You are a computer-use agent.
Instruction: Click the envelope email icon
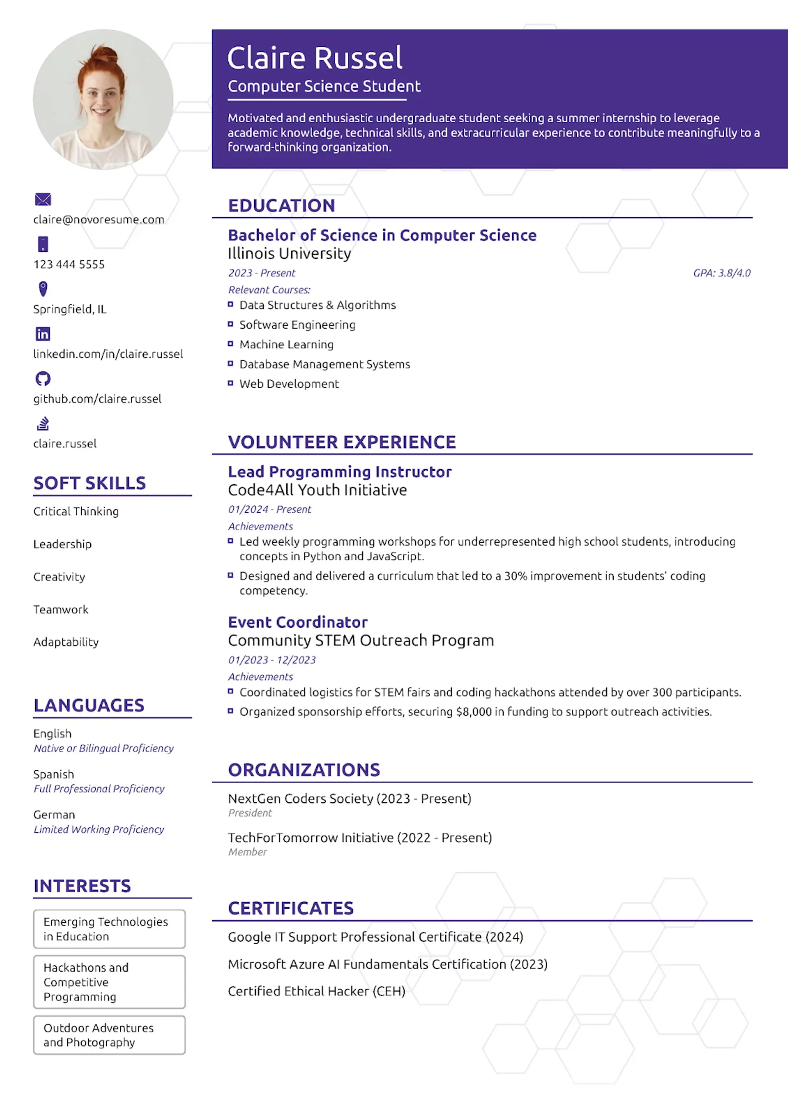tap(43, 199)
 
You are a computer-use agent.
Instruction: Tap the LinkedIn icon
tap(43, 334)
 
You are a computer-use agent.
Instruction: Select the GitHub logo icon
tap(43, 379)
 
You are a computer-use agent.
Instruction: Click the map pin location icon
tap(43, 289)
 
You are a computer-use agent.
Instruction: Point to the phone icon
tap(43, 244)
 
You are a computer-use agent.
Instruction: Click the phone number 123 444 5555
tap(69, 264)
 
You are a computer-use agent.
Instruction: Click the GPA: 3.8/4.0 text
tap(722, 273)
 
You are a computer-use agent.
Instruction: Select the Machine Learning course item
tap(286, 345)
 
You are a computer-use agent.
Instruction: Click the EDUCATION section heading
tap(282, 206)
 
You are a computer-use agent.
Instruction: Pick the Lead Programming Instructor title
tap(340, 472)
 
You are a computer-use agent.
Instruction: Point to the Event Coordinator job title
tap(298, 622)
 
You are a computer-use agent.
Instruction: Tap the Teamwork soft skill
tap(61, 610)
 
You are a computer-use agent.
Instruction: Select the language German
tap(54, 815)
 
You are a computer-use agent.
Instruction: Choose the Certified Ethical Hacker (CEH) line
tap(316, 991)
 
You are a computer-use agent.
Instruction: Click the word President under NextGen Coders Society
tap(250, 813)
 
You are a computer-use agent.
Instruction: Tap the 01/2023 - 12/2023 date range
tap(272, 660)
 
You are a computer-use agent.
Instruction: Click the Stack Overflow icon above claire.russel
tap(43, 423)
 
